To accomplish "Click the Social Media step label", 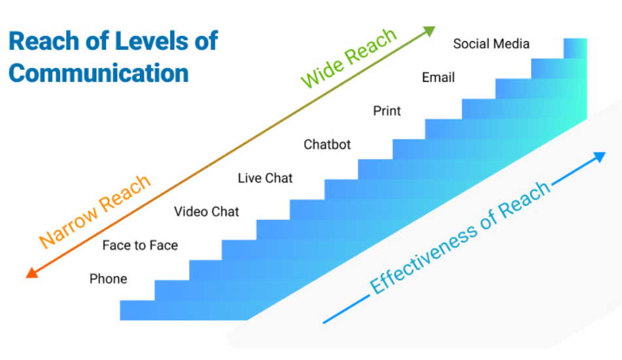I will [x=491, y=44].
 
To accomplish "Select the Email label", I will [x=438, y=77].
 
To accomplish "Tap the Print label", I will [x=387, y=111].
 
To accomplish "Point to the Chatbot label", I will [x=327, y=145].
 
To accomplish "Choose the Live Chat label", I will [x=265, y=178].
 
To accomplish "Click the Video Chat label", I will [x=207, y=211].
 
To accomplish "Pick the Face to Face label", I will [x=140, y=245].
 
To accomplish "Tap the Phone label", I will [x=109, y=279].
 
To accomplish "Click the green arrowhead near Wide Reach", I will [x=429, y=30].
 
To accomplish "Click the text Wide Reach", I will [x=349, y=58].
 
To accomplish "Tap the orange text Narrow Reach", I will [x=95, y=211].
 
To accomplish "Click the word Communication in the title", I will [x=98, y=72].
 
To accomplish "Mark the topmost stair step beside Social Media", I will [x=575, y=48].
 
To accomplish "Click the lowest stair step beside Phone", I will [x=137, y=310].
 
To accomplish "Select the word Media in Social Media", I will [x=511, y=44].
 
